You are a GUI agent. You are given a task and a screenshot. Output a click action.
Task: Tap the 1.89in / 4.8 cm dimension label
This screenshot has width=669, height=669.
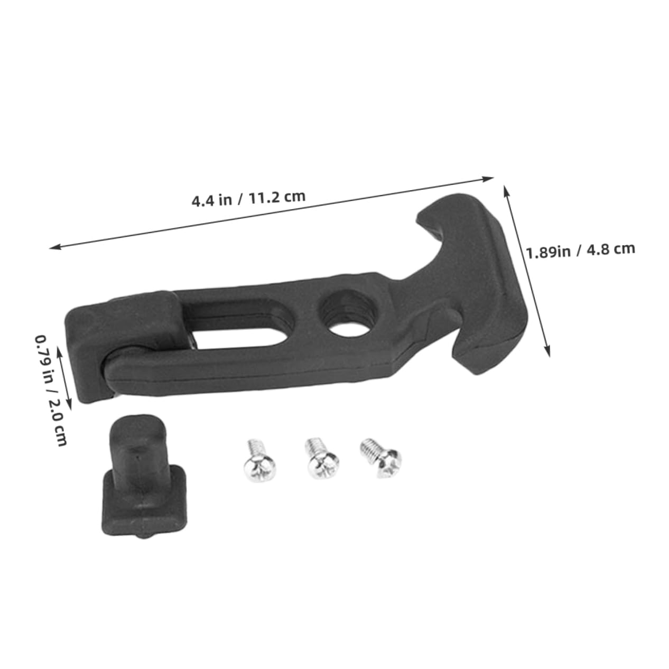coord(580,250)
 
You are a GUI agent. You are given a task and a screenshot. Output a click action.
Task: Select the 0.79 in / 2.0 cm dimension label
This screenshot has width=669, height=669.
coord(51,389)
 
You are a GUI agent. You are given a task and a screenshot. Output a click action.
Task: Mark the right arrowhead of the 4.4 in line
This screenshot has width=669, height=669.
coord(491,179)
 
